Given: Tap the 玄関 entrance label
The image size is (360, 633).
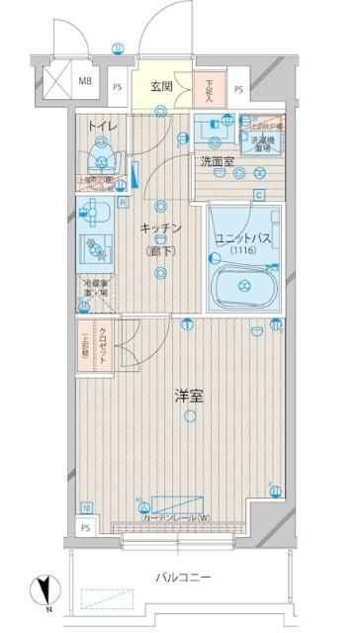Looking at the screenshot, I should pyautogui.click(x=162, y=86).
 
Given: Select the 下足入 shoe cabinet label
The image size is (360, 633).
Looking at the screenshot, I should pyautogui.click(x=210, y=90).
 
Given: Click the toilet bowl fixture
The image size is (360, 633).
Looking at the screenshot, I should pyautogui.click(x=99, y=157).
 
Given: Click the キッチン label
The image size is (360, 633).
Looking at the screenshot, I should pyautogui.click(x=159, y=227).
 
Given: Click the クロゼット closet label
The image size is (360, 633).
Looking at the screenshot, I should pyautogui.click(x=108, y=334).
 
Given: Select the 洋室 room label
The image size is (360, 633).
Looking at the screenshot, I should pyautogui.click(x=189, y=397).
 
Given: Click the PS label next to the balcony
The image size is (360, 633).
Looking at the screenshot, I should pyautogui.click(x=85, y=527).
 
